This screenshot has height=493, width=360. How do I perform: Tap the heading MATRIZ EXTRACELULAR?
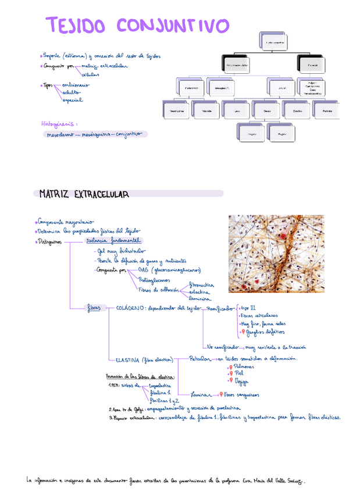[x=84, y=193]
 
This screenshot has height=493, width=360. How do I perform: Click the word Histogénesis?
[x=58, y=123]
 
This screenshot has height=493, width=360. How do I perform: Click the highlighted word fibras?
[x=94, y=308]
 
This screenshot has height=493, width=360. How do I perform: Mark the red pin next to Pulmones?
[x=230, y=367]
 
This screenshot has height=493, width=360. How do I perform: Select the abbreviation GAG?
[x=142, y=270]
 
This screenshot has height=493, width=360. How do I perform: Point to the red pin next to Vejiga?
[x=230, y=381]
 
